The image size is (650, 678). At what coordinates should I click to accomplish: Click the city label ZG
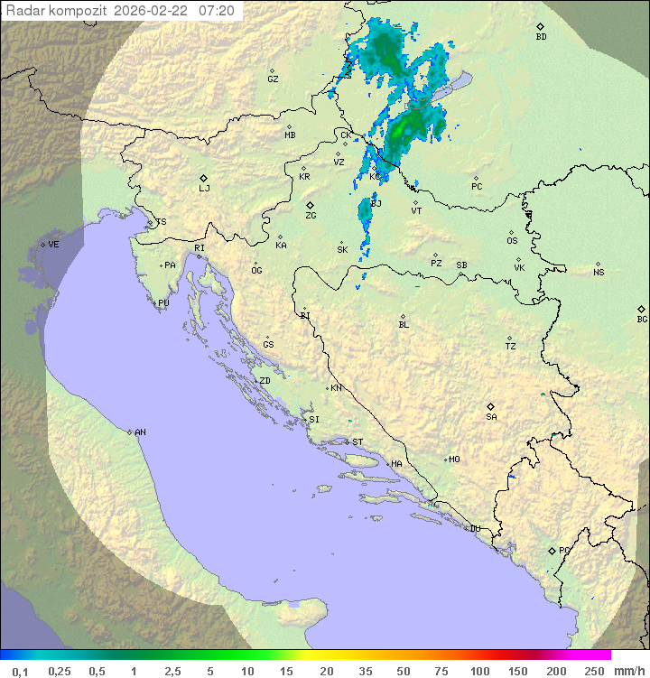tap(311, 216)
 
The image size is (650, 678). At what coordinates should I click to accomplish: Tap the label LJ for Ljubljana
tap(204, 189)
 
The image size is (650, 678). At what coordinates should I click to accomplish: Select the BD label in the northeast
tap(541, 37)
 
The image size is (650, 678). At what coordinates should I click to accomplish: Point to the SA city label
tap(491, 417)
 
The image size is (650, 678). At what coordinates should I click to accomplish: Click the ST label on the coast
tap(357, 442)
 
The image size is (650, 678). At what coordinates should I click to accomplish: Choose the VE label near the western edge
tap(53, 245)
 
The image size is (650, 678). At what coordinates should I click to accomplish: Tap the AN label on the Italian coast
tap(140, 432)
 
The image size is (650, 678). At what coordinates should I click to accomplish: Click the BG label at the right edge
tap(642, 319)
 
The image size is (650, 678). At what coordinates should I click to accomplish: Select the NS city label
tap(599, 273)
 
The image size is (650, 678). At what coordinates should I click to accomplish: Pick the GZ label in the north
tap(273, 79)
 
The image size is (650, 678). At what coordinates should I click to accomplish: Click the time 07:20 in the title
tap(217, 11)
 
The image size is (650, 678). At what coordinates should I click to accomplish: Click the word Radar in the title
tap(24, 11)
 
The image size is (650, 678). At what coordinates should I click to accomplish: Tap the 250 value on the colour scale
tap(594, 671)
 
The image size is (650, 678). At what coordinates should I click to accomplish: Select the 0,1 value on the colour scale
tap(20, 671)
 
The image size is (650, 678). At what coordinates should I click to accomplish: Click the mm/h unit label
tap(629, 671)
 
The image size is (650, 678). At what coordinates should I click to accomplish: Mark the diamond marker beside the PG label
tap(552, 550)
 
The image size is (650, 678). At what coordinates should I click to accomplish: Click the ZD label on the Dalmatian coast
tap(265, 381)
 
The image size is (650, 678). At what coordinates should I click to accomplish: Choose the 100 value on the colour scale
tap(479, 671)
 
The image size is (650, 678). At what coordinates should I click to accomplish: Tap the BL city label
tap(404, 324)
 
